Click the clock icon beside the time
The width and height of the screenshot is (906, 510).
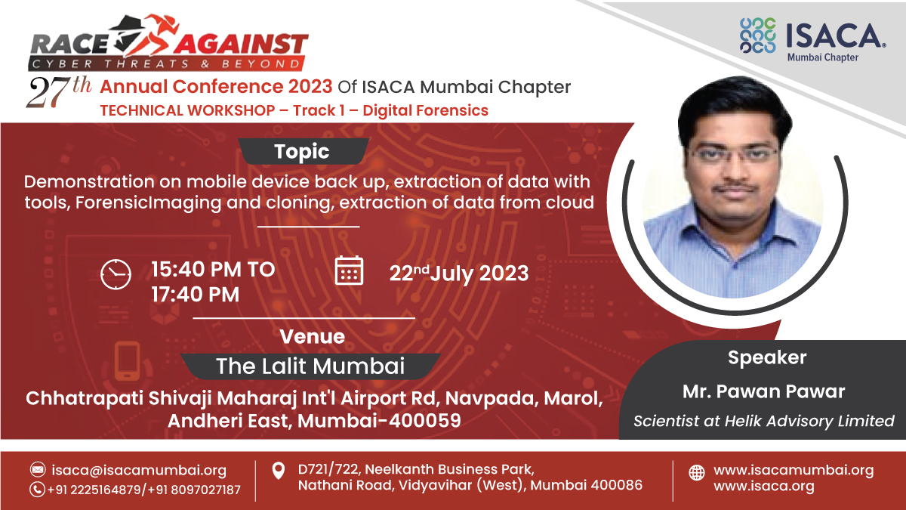pyautogui.click(x=116, y=274)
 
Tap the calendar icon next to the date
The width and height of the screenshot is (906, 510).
pyautogui.click(x=349, y=270)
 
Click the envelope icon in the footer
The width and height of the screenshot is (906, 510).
pyautogui.click(x=38, y=470)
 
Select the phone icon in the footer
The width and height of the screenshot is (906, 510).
pyautogui.click(x=38, y=490)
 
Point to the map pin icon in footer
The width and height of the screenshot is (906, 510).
pyautogui.click(x=278, y=471)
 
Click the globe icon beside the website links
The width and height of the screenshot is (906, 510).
pyautogui.click(x=697, y=473)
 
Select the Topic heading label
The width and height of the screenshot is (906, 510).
pyautogui.click(x=302, y=151)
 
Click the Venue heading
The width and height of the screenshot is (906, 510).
pyautogui.click(x=312, y=336)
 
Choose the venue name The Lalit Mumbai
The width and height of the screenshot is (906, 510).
pyautogui.click(x=310, y=366)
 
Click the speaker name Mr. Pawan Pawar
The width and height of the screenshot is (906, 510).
pyautogui.click(x=763, y=391)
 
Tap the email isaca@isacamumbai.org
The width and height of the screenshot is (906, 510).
pyautogui.click(x=139, y=470)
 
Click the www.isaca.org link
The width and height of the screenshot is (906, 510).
pyautogui.click(x=763, y=487)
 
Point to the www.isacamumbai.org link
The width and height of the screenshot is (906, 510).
pyautogui.click(x=793, y=470)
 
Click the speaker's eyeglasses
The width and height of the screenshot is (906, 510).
pyautogui.click(x=733, y=155)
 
